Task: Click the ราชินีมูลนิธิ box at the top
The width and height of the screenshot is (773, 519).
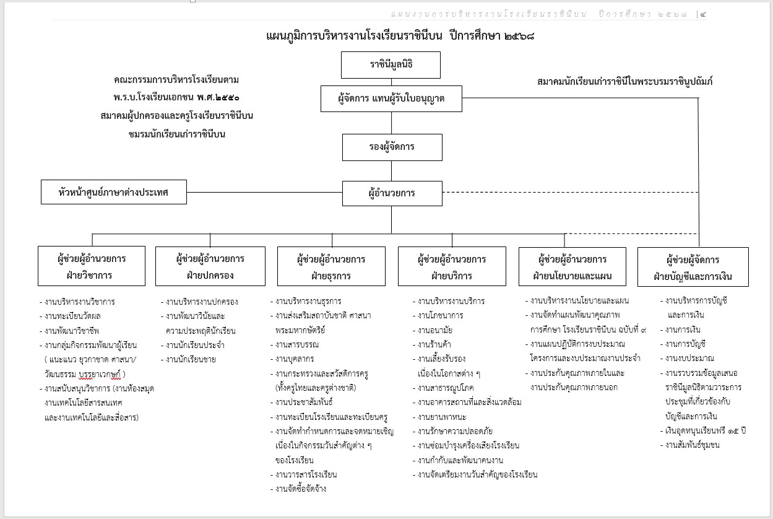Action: click(391, 65)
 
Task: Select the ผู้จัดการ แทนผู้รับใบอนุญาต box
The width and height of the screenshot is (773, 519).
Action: click(391, 98)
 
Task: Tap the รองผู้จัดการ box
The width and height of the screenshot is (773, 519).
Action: click(391, 147)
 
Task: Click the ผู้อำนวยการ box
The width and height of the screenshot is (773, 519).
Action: click(391, 193)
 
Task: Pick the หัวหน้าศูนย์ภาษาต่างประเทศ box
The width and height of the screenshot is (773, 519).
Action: click(114, 192)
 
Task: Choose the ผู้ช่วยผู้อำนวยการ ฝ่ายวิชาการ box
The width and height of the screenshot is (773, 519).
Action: click(92, 266)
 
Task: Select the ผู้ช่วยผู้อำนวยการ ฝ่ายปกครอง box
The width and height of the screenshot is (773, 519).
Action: click(210, 266)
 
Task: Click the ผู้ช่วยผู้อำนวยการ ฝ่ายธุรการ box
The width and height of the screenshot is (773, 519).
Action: click(331, 266)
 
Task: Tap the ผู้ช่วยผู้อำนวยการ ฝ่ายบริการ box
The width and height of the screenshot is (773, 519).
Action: click(452, 266)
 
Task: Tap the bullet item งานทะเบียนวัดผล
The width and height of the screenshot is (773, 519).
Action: click(79, 316)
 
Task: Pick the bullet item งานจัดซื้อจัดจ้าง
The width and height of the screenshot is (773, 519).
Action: click(301, 489)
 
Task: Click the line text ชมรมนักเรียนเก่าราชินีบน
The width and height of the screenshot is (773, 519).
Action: click(176, 133)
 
